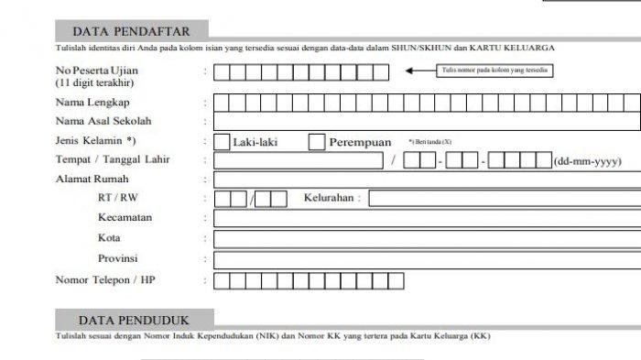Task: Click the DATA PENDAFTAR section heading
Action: click(130, 31)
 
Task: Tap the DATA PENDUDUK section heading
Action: click(133, 320)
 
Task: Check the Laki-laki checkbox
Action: click(222, 142)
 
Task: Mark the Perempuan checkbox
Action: click(317, 142)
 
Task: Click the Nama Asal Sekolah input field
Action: click(427, 121)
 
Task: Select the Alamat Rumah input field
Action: click(427, 180)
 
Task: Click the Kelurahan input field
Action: click(505, 199)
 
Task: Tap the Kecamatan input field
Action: click(427, 219)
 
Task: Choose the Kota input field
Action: click(427, 239)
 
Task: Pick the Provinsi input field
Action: click(427, 259)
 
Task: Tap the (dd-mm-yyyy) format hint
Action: click(587, 162)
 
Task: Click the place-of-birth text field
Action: click(299, 161)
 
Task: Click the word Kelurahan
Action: click(331, 199)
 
